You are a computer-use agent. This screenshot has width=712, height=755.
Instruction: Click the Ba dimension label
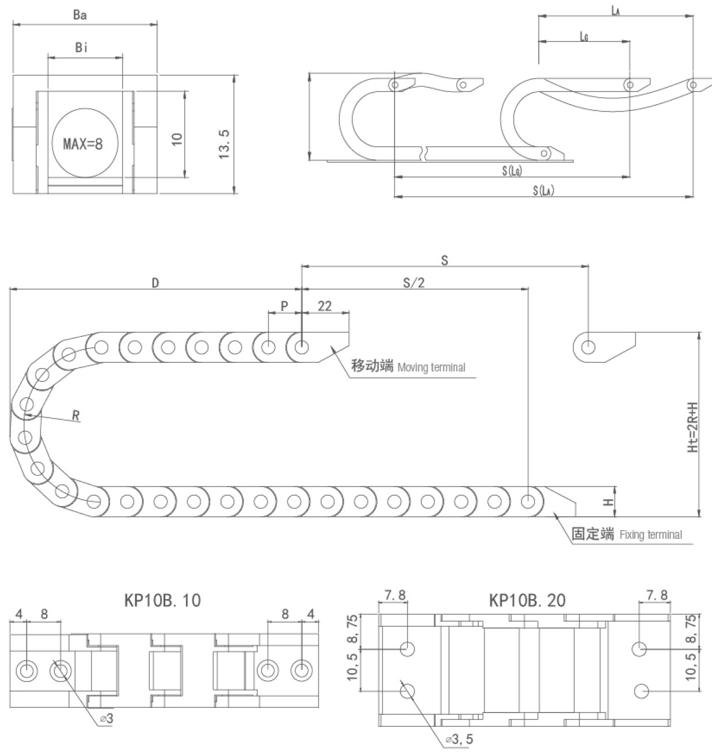80,15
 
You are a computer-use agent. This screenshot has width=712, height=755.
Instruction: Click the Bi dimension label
82,48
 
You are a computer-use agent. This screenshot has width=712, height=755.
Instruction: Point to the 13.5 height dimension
224,144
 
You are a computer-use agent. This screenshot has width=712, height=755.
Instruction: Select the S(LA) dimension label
543,190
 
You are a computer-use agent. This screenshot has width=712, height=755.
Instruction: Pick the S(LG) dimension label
512,170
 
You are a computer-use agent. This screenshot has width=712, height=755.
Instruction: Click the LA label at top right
615,10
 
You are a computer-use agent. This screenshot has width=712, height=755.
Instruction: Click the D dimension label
155,282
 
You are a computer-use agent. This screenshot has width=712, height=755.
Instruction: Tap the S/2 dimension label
414,282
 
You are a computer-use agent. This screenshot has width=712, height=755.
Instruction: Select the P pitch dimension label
284,306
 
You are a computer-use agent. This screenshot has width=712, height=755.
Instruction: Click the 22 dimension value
325,306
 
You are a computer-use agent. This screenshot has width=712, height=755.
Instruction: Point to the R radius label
75,416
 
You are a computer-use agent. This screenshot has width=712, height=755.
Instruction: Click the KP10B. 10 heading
163,600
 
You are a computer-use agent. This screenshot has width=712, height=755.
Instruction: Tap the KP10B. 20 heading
527,600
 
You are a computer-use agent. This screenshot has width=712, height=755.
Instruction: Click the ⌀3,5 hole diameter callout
459,739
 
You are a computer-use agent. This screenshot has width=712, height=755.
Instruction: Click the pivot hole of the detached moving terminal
588,347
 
